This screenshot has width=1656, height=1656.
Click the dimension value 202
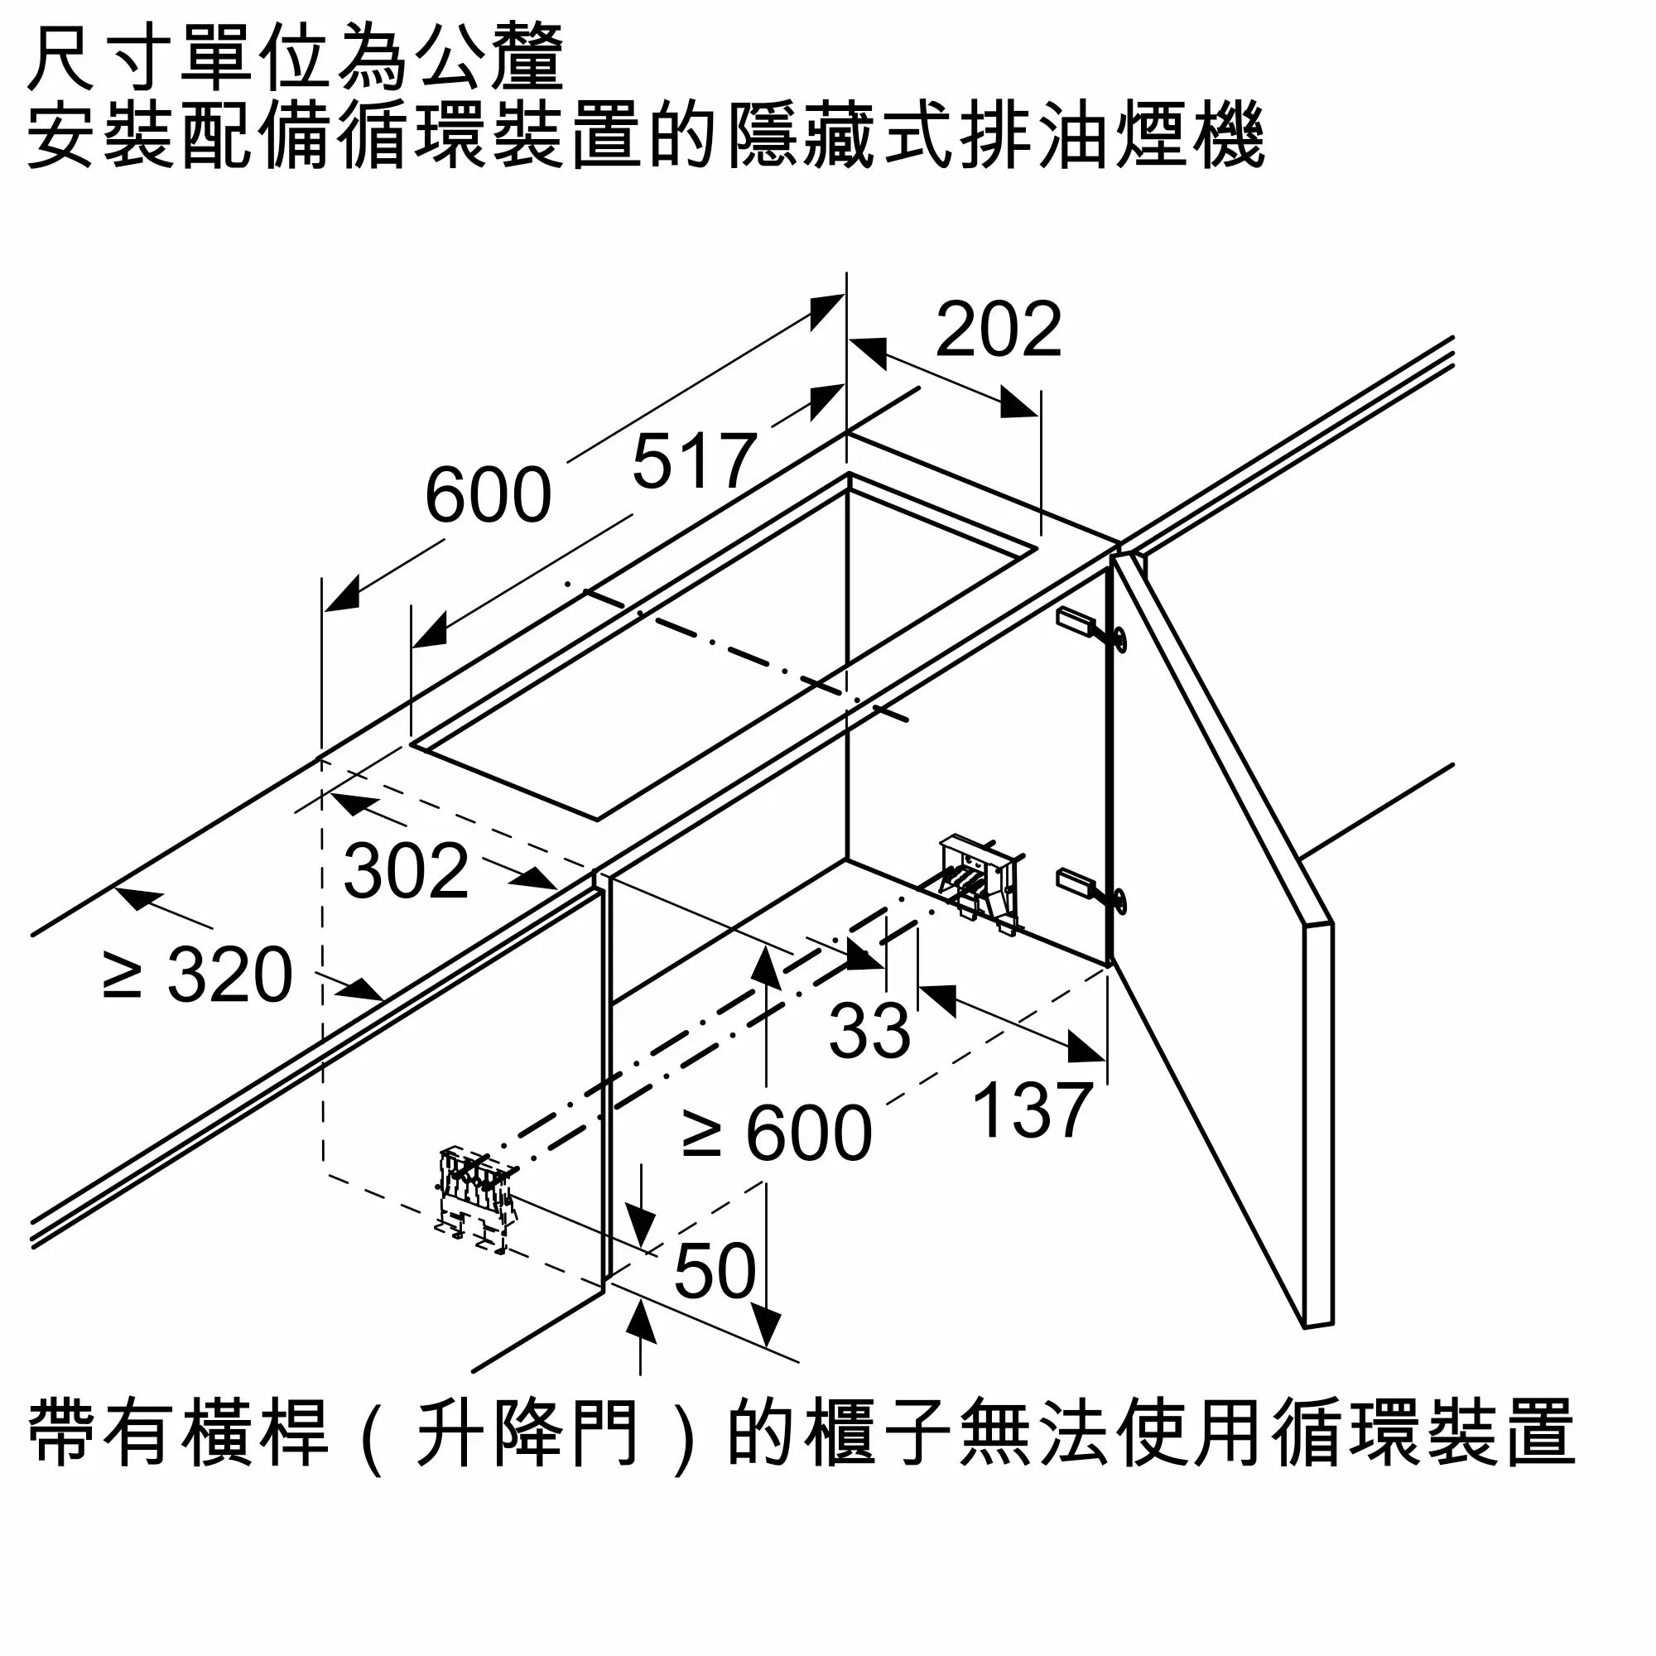click(x=999, y=330)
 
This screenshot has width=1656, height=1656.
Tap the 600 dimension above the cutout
click(x=488, y=494)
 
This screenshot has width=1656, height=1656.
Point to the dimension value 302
click(x=407, y=871)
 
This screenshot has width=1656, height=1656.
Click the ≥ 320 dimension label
click(x=198, y=975)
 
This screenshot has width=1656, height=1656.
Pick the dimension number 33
click(x=869, y=1029)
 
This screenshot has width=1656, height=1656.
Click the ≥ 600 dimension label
click(x=777, y=1134)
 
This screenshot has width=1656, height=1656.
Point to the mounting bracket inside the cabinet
click(x=980, y=883)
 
